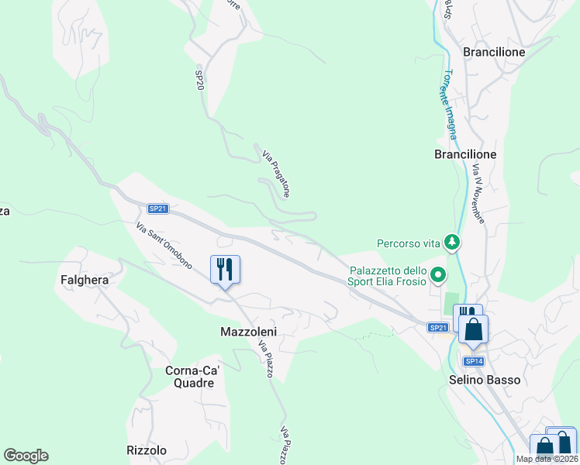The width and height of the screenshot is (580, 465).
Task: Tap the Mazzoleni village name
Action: tap(243, 331)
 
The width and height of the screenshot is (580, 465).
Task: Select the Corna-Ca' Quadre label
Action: tap(194, 377)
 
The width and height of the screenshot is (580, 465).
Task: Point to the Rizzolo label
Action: tap(147, 450)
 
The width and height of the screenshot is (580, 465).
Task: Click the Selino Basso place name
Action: tap(485, 380)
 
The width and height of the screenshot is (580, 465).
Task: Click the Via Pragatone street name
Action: tap(276, 173)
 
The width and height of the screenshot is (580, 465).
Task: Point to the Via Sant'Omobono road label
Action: tap(164, 246)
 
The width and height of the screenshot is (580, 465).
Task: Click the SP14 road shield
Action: tap(474, 361)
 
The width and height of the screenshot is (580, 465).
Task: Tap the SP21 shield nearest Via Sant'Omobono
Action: tap(158, 208)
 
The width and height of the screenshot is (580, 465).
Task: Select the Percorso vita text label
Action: tap(408, 243)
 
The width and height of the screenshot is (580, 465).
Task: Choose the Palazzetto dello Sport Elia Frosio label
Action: tap(388, 276)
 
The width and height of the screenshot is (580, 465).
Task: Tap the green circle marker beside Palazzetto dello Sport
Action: tap(439, 274)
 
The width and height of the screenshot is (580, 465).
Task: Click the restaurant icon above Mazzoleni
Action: tap(225, 269)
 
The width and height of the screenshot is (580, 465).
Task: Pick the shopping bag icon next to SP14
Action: tap(474, 329)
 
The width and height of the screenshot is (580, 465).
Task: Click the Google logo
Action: tap(26, 456)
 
